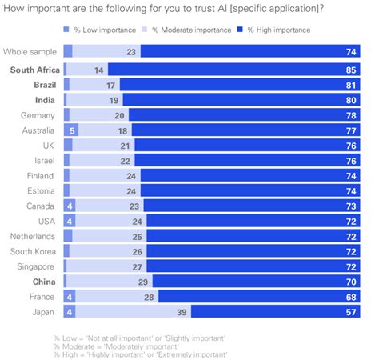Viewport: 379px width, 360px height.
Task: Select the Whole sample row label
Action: (30, 51)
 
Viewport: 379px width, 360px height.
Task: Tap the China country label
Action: (44, 282)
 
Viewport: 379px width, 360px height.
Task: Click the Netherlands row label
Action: (33, 236)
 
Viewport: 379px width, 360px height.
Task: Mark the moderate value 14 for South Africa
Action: (99, 69)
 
